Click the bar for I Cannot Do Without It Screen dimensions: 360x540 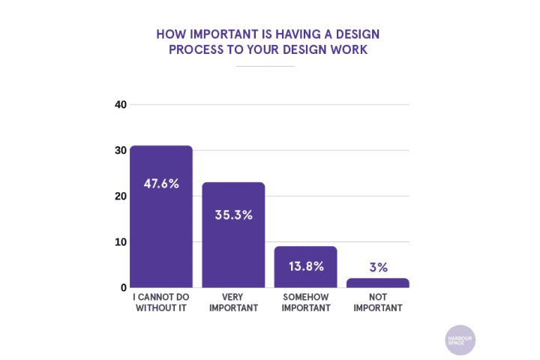pyautogui.click(x=161, y=217)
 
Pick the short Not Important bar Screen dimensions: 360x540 pyautogui.click(x=377, y=283)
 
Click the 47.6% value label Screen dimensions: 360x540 pyautogui.click(x=161, y=183)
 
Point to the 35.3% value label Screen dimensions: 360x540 pyautogui.click(x=233, y=214)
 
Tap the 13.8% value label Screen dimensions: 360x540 pyautogui.click(x=305, y=266)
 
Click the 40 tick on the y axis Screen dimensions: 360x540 pyautogui.click(x=120, y=105)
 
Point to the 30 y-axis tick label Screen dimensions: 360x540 pyautogui.click(x=120, y=151)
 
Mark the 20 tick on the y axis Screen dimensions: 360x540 pyautogui.click(x=120, y=196)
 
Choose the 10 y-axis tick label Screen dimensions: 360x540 pyautogui.click(x=120, y=242)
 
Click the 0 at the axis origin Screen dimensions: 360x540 pyautogui.click(x=123, y=288)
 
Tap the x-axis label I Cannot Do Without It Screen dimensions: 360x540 pyautogui.click(x=161, y=302)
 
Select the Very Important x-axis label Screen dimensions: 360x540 pyautogui.click(x=233, y=302)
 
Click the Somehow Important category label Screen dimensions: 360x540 pyautogui.click(x=305, y=302)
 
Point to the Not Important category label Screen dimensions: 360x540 pyautogui.click(x=377, y=302)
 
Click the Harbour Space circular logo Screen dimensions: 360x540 pyautogui.click(x=460, y=339)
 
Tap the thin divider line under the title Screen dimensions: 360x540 pyautogui.click(x=265, y=67)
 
